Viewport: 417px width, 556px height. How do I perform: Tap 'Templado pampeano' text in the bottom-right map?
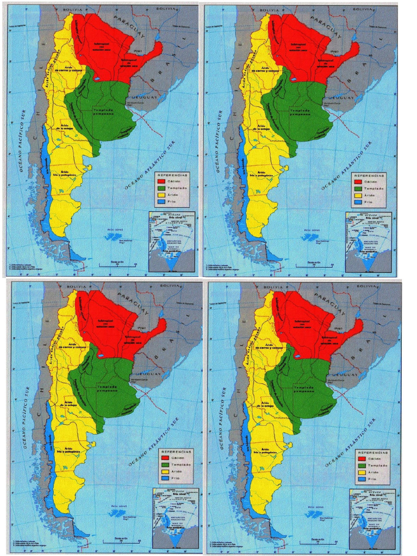click(305, 389)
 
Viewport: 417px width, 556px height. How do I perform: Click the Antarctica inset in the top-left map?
click(172, 242)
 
